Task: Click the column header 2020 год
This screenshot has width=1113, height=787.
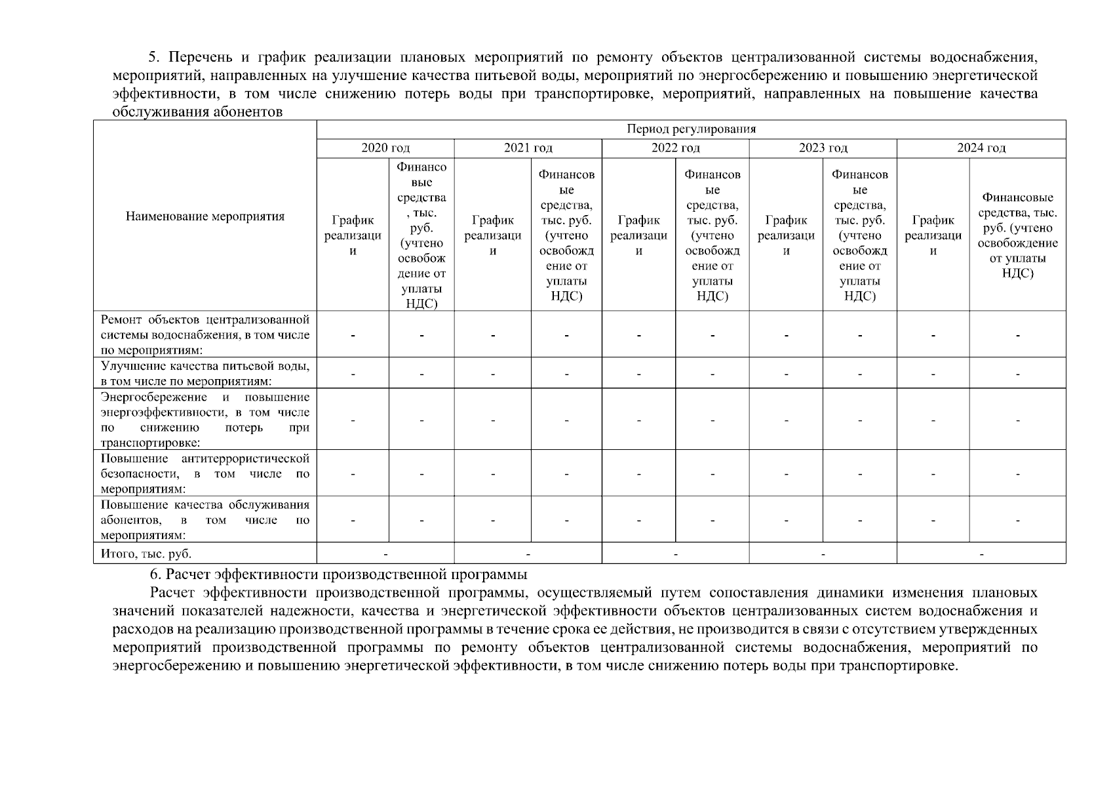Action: point(385,148)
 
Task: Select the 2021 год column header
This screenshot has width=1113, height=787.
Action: point(528,148)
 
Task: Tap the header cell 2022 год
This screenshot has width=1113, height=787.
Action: point(675,148)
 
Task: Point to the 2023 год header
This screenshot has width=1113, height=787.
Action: point(823,148)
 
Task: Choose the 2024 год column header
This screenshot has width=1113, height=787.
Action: point(981,148)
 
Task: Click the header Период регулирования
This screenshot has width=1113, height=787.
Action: point(691,129)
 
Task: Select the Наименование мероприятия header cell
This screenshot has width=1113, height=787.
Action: point(205,216)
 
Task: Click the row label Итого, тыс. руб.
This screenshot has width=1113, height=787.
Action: point(146,554)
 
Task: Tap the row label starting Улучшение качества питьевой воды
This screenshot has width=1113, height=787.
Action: point(205,373)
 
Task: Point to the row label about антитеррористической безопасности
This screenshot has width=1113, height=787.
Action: point(205,474)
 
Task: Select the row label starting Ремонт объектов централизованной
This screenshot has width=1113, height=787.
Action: point(205,334)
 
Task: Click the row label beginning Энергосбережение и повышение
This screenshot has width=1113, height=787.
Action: point(205,420)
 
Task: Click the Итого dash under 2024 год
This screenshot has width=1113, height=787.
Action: point(981,554)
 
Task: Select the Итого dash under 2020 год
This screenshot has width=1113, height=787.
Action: point(385,554)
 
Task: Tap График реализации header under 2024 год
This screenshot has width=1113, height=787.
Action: point(933,235)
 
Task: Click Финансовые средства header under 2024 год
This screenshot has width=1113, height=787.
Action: point(1017,235)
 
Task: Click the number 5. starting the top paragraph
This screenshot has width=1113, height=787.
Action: point(155,57)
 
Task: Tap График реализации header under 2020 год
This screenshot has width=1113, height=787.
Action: point(353,235)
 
